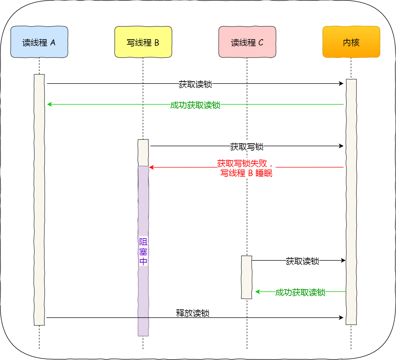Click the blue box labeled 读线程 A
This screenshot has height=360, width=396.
[x=39, y=42]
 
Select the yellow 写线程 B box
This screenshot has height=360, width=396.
[x=143, y=42]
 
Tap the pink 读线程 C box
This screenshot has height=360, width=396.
[x=247, y=42]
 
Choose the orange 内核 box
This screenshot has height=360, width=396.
[x=351, y=42]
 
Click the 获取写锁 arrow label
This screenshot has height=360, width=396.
[x=247, y=147]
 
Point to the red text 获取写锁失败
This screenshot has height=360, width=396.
[x=245, y=163]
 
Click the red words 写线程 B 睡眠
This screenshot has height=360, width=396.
[x=246, y=173]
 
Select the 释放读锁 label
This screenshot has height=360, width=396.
[x=192, y=313]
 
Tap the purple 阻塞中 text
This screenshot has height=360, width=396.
[x=143, y=251]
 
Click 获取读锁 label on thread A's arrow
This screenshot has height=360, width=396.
[x=195, y=84]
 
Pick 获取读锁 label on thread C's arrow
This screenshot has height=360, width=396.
[x=302, y=261]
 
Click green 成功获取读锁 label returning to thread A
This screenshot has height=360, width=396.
[x=195, y=105]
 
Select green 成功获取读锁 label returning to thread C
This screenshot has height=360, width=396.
[x=300, y=292]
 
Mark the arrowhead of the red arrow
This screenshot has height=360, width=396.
[x=151, y=168]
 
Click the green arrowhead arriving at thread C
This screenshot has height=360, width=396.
[x=257, y=292]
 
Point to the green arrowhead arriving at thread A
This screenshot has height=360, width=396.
[x=49, y=104]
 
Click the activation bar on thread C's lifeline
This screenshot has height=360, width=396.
[x=247, y=277]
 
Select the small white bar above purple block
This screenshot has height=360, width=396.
[x=143, y=153]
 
